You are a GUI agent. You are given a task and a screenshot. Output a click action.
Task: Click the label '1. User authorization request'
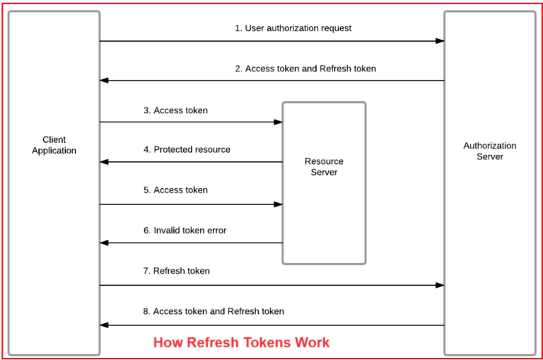[x=293, y=28]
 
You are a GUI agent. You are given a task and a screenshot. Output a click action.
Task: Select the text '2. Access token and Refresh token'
[x=305, y=69]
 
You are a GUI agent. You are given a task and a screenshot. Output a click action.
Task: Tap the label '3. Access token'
[x=175, y=110]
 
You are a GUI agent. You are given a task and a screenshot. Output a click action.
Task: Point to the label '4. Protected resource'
[x=187, y=150]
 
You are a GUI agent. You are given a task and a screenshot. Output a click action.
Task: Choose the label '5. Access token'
[x=175, y=190]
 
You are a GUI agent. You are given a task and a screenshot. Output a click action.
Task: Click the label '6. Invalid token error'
[x=185, y=231]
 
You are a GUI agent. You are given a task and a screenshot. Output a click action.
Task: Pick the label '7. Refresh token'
[x=176, y=271]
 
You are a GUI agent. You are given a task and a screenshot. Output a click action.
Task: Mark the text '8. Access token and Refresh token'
[x=214, y=311]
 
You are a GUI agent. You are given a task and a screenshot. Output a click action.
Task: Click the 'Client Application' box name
[x=54, y=145]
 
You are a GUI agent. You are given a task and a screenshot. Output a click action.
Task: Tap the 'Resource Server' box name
[x=324, y=167]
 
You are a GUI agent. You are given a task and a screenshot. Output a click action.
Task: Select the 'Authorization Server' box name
[x=489, y=151]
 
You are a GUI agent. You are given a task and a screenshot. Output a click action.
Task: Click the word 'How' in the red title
[x=168, y=343]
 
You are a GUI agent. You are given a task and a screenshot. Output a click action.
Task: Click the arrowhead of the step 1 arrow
[x=440, y=41]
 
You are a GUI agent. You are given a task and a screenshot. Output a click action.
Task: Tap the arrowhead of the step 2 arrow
[x=104, y=81]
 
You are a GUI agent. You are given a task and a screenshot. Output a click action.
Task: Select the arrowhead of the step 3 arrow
[x=279, y=122]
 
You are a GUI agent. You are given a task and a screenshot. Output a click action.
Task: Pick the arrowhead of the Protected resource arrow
[x=104, y=162]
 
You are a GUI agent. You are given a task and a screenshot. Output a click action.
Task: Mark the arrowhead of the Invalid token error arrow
[x=104, y=243]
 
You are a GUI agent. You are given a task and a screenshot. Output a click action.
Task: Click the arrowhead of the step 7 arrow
[x=440, y=285]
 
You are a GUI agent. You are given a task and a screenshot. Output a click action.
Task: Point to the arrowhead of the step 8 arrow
[x=104, y=325]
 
